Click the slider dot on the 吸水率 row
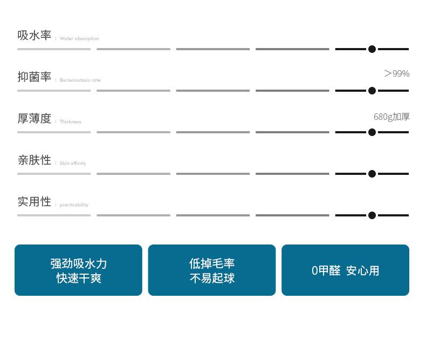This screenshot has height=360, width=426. (372, 49)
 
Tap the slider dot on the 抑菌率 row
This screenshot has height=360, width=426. (372, 91)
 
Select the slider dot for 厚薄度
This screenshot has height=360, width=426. (372, 132)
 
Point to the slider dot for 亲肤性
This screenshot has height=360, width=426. (372, 174)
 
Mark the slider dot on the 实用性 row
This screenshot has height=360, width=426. (372, 215)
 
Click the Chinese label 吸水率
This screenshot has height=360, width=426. (34, 35)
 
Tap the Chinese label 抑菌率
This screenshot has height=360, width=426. (34, 77)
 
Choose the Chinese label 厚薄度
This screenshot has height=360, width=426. (34, 119)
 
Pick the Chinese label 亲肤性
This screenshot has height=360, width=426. (34, 160)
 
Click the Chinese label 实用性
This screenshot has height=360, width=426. (34, 202)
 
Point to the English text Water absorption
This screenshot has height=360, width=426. (79, 39)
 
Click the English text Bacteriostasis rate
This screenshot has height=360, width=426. (80, 80)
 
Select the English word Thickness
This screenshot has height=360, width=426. (70, 121)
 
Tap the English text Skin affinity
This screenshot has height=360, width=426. (73, 163)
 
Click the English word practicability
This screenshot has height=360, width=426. (74, 205)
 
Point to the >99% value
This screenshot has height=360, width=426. (397, 73)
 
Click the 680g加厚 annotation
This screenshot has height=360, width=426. (392, 117)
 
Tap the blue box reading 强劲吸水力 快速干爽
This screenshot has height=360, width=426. (79, 270)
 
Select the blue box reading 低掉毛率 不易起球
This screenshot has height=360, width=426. (212, 270)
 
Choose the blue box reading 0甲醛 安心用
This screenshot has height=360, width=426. (345, 270)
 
